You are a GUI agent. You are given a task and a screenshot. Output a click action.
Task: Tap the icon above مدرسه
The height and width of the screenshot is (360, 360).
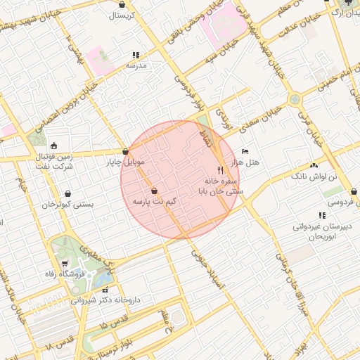tap(136, 54)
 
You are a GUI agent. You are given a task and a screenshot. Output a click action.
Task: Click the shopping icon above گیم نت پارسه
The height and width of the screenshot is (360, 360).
tap(154, 191)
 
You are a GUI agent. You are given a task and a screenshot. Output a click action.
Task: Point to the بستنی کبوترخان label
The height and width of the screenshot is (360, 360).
tap(67, 205)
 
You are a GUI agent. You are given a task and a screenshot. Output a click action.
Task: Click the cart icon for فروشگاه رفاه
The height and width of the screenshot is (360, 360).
tap(65, 264)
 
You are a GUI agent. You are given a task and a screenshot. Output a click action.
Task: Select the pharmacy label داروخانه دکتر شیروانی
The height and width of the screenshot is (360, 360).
tap(105, 300)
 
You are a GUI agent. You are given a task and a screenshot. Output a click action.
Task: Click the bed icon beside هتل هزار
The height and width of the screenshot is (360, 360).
tap(245, 151)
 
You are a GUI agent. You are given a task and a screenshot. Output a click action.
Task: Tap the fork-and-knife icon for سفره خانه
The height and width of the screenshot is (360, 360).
tap(220, 170)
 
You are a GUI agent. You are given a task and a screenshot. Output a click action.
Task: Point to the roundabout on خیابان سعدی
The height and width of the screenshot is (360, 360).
tap(293, 100)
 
